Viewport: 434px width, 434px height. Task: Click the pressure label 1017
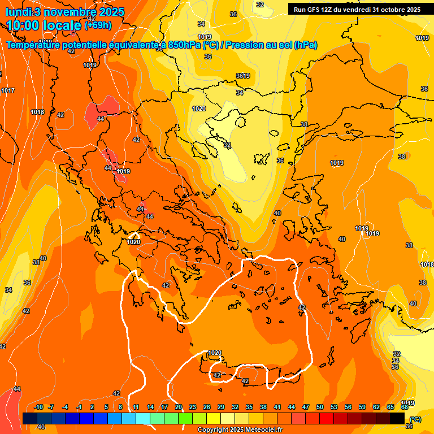[x=8, y=90]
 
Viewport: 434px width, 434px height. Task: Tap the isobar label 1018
[x=37, y=112]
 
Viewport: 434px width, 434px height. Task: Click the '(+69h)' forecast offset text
[x=97, y=25]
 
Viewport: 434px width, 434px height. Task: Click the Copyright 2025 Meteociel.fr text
[x=240, y=430]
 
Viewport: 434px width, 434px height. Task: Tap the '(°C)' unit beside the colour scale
[x=415, y=419]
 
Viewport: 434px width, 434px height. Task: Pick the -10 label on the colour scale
[x=38, y=407]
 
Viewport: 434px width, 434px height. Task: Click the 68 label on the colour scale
[x=405, y=407]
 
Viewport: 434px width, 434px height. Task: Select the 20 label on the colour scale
[x=179, y=407]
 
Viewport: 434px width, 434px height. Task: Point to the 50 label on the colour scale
[x=320, y=407]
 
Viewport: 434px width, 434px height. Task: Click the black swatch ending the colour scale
[x=397, y=418]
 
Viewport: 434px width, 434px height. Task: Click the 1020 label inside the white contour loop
[x=214, y=353]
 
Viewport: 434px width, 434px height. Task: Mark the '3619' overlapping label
[x=243, y=76]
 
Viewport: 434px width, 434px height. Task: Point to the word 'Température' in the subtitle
[x=34, y=45]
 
